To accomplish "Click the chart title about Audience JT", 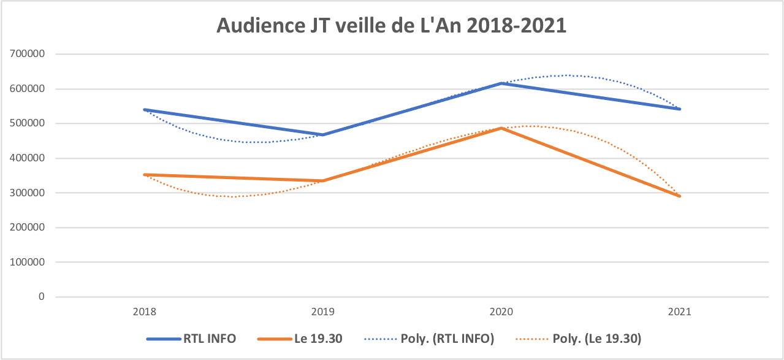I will (392, 26).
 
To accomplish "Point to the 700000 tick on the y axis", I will (28, 54).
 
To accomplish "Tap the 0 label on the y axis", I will (42, 297).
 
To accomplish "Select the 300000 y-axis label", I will (28, 193).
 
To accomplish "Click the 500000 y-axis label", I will (28, 123).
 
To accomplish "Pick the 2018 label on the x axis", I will (144, 312).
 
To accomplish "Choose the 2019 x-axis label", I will (323, 312).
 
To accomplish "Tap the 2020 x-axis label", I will (501, 312).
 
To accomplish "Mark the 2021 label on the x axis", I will (680, 312).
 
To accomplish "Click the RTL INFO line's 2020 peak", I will (501, 83).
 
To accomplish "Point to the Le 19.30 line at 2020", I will (501, 128).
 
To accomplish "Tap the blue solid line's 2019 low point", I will (323, 135).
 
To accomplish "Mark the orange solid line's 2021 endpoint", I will (680, 196).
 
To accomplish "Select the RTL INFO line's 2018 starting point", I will (145, 110).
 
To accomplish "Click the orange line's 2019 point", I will (323, 181).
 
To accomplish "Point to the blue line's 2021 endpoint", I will (680, 109).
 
